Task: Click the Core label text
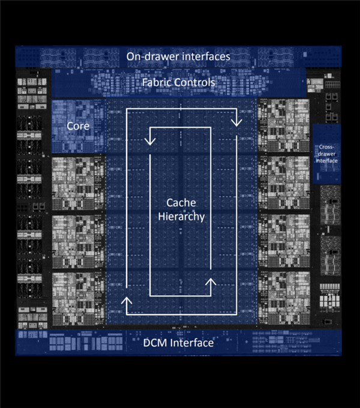78,126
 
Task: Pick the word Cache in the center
181,203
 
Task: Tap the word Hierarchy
181,217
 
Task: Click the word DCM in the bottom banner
155,343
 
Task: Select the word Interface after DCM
191,343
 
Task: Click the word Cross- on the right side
326,147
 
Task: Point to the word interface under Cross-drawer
327,161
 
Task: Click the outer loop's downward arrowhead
236,122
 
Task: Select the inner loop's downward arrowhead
150,141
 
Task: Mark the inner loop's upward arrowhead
211,282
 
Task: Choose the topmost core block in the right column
284,125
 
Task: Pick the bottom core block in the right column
284,298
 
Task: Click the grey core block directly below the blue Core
79,183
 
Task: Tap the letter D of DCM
146,343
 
